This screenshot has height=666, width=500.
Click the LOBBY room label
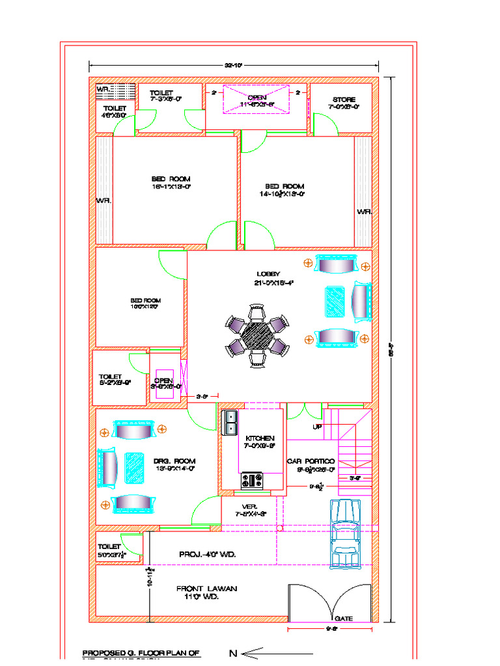[x=268, y=274]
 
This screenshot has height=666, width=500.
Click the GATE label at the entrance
[x=343, y=618]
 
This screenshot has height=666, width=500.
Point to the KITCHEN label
[x=260, y=438]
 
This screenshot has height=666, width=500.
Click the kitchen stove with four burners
[x=252, y=481]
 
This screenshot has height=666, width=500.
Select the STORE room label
[x=344, y=100]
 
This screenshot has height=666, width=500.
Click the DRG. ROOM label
[x=174, y=461]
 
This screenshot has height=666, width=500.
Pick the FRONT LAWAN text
[x=206, y=589]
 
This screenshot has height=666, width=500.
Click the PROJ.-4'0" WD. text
[x=207, y=555]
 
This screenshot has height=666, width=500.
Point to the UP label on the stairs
[x=317, y=427]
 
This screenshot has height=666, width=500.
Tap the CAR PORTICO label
[x=311, y=460]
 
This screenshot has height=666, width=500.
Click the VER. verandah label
[x=250, y=506]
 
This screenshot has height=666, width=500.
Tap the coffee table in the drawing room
[x=133, y=467]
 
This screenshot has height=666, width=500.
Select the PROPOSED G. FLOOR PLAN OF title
[x=141, y=652]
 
